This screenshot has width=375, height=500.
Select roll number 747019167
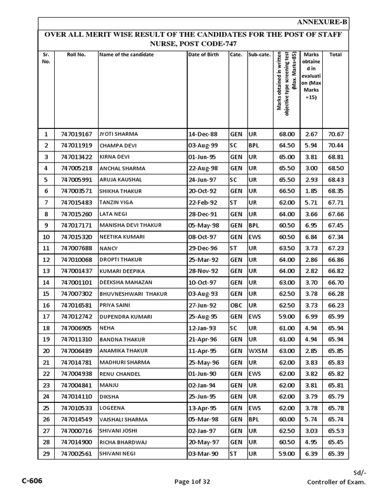tap(76, 134)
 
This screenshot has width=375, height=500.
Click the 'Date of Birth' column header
tap(204, 55)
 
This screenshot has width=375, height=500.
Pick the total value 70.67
tap(335, 134)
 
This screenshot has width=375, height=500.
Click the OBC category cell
tap(236, 305)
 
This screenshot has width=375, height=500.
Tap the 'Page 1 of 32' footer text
tap(192, 482)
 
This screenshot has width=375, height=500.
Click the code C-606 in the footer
tap(32, 481)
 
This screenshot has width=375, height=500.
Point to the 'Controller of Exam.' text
tap(335, 482)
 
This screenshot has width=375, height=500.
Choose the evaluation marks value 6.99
tap(311, 317)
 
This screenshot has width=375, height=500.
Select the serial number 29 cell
tap(46, 454)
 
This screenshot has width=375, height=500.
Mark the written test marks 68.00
tap(286, 134)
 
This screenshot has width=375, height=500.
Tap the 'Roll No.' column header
tap(76, 55)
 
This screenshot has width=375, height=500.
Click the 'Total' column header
tap(335, 55)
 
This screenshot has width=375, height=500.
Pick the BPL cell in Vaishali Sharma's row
tap(253, 419)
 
